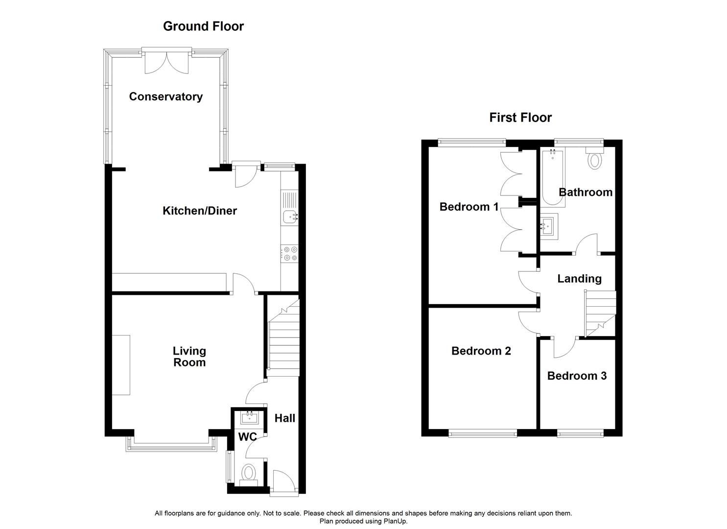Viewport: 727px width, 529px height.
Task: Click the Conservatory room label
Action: point(165,96)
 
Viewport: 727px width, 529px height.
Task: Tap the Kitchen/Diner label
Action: point(199,211)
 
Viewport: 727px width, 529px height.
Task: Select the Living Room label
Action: point(189,357)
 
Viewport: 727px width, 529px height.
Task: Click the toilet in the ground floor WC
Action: point(249,473)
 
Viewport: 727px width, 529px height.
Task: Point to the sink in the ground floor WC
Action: point(250,417)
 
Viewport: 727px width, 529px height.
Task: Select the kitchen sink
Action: point(290,216)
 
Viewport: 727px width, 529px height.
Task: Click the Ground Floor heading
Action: point(203,26)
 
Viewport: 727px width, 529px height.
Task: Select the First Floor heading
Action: point(520,118)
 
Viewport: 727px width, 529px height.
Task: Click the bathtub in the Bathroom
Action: point(552,177)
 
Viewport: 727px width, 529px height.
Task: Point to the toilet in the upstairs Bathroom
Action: point(594,159)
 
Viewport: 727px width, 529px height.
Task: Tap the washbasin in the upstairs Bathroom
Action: point(549,226)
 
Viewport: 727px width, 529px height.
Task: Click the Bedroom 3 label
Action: point(577,376)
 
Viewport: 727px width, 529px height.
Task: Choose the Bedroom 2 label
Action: point(481,351)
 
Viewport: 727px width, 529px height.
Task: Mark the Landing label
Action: point(579,279)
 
